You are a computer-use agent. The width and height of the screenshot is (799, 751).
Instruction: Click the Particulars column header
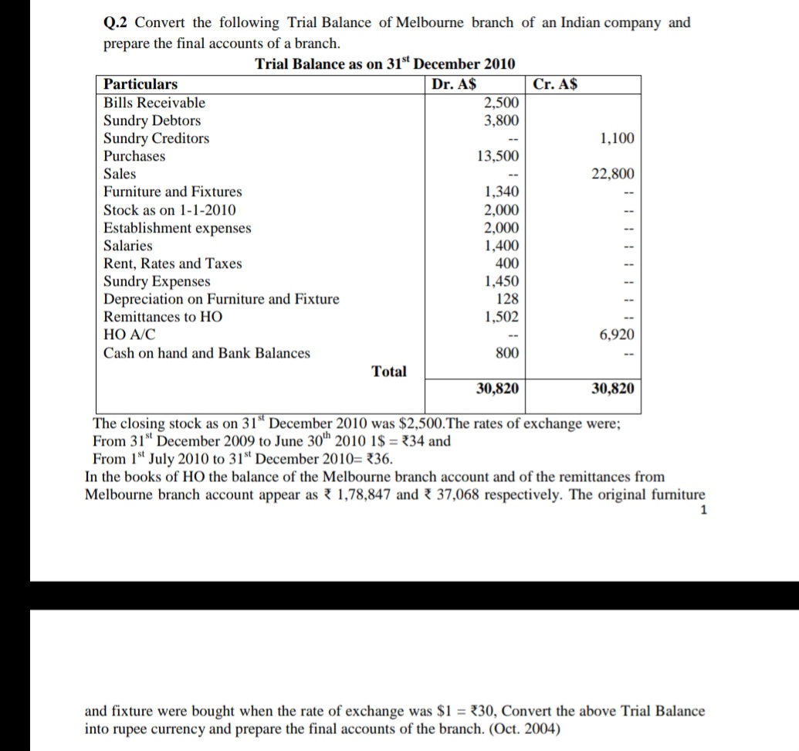pos(141,84)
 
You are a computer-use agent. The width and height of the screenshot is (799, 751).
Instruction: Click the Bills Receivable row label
pos(154,103)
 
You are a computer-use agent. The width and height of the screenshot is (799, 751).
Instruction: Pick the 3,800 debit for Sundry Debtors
pos(502,121)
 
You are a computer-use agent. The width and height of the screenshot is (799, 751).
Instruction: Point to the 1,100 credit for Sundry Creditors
pos(617,138)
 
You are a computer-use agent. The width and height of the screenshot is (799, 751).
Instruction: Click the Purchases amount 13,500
pos(498,156)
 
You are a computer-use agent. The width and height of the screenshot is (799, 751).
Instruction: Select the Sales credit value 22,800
pos(613,174)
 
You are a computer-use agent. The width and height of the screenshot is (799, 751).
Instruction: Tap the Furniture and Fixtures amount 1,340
pos(502,192)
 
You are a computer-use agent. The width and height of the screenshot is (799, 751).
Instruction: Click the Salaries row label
pos(128,246)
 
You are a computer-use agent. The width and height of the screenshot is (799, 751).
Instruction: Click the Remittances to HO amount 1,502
pos(502,317)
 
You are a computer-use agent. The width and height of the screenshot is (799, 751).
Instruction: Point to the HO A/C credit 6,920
pos(617,335)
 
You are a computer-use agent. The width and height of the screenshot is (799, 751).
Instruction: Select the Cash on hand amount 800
pos(507,353)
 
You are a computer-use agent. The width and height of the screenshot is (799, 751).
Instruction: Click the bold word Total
pos(389,372)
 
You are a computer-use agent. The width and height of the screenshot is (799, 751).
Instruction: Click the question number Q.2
pos(117,23)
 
